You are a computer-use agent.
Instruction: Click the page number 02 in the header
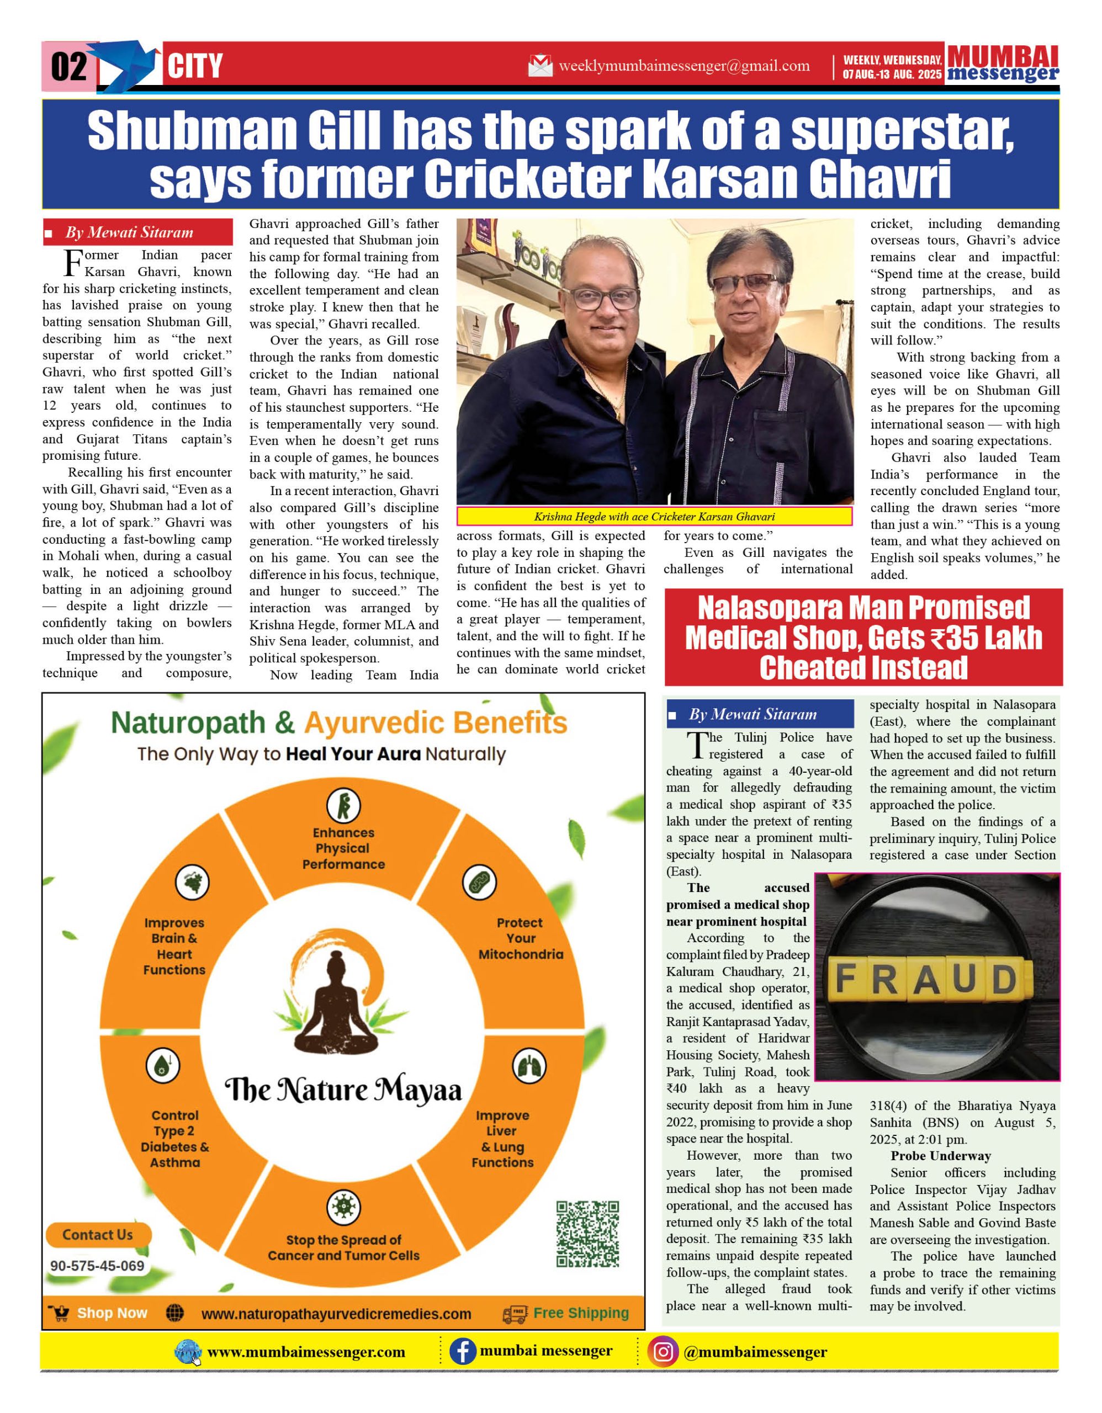click(68, 67)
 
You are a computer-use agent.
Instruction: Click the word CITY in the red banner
click(195, 67)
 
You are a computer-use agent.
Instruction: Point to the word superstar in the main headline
click(902, 131)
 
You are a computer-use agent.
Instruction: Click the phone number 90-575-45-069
click(97, 1266)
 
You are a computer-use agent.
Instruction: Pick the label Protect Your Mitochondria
click(520, 938)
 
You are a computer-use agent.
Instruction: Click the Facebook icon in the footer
click(462, 1352)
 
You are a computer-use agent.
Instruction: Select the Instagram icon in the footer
click(663, 1352)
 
